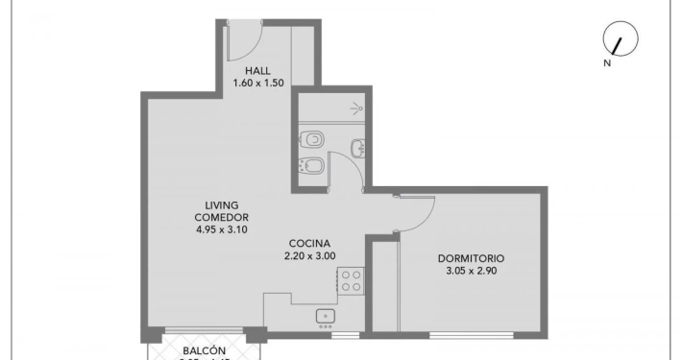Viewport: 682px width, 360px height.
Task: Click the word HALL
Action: [x=257, y=71]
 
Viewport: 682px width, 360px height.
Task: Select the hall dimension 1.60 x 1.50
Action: [x=257, y=84]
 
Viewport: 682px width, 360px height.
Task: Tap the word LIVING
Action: [x=221, y=204]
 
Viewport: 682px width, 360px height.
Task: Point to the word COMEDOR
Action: [x=221, y=217]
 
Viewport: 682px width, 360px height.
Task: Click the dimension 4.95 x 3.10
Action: [x=221, y=229]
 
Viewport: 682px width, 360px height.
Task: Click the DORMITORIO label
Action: [x=471, y=258]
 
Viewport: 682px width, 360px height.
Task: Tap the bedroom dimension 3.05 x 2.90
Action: [x=471, y=271]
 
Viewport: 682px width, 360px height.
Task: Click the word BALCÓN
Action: [x=202, y=350]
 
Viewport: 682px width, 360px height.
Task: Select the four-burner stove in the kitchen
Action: [x=350, y=279]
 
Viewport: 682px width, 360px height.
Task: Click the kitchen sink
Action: [x=325, y=315]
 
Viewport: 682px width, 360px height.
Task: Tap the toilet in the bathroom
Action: [x=311, y=140]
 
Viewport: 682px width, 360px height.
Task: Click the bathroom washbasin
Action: [x=357, y=148]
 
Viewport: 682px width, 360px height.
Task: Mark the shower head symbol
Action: [x=357, y=108]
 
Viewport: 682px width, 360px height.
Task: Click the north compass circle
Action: [x=615, y=39]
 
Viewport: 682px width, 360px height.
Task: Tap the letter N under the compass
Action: [x=607, y=63]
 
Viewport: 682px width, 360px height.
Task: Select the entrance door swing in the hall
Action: [x=242, y=38]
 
